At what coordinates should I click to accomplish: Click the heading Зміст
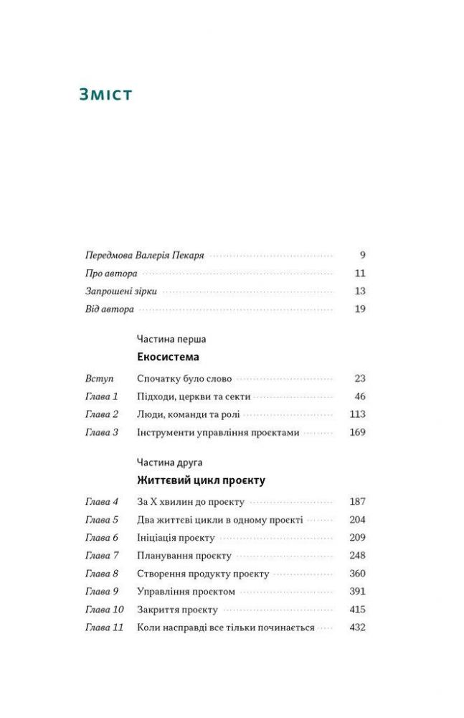(105, 93)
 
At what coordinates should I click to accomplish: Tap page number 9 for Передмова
(362, 255)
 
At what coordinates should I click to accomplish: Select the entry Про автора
(110, 274)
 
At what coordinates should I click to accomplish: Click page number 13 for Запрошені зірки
(360, 292)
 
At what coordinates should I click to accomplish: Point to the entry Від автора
(109, 309)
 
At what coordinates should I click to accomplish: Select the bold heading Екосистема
(167, 357)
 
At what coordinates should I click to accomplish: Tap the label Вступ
(99, 378)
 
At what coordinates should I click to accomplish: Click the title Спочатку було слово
(184, 378)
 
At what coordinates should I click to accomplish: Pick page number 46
(359, 396)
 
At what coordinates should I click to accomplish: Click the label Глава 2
(101, 414)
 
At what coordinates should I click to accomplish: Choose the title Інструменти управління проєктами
(217, 432)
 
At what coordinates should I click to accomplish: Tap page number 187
(357, 501)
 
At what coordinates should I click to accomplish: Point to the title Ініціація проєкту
(178, 538)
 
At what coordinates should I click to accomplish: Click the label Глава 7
(101, 556)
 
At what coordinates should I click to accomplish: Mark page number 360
(357, 574)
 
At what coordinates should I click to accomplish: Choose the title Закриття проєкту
(177, 610)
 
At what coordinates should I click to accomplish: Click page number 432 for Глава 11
(357, 628)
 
